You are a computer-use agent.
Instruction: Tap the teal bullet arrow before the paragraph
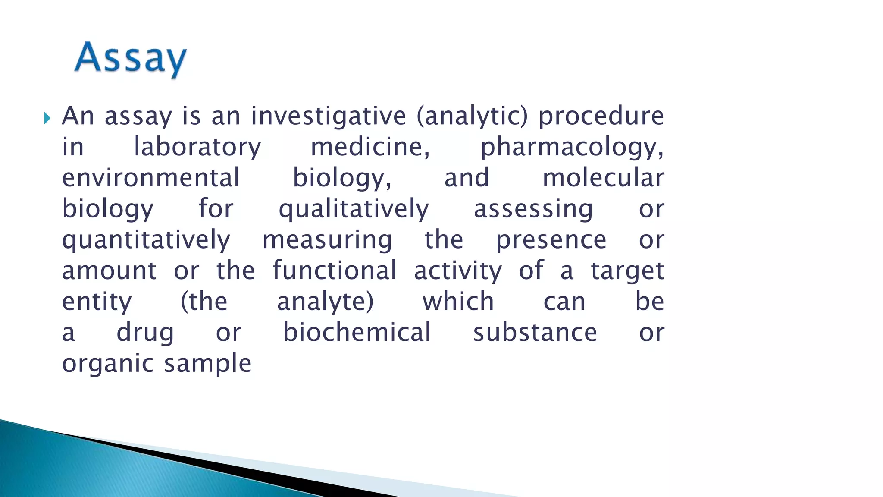coord(47,118)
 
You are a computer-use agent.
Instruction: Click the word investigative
coord(329,116)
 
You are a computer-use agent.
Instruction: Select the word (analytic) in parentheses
coord(472,116)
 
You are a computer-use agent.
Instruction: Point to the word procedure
coord(601,116)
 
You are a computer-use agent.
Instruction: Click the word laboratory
coord(197,147)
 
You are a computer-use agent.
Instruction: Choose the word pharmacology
coord(572,147)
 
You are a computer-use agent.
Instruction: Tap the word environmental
coord(150,178)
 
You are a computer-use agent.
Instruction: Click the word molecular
coord(603,178)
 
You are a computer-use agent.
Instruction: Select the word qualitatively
coord(354,209)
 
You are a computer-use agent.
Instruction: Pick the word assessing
coord(533,209)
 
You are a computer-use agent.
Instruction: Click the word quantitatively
coord(146,240)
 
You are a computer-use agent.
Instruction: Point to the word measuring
coord(327,240)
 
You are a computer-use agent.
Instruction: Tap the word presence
coord(551,240)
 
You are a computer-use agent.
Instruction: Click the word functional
coord(335,271)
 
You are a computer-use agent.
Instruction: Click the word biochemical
coord(357,333)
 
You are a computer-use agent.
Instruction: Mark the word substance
coord(535,333)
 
